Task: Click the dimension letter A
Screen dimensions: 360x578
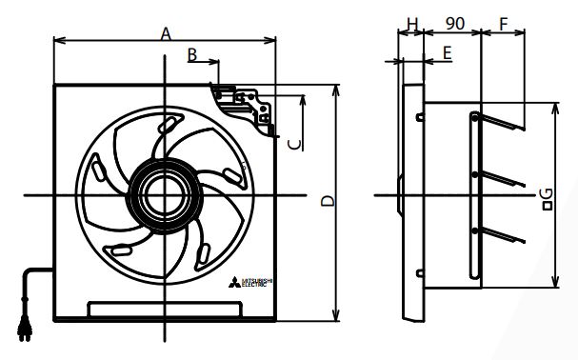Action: [165, 33]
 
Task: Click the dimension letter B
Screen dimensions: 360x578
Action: [192, 56]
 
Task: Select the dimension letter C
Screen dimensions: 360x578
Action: [295, 143]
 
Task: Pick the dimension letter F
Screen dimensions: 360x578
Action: [503, 21]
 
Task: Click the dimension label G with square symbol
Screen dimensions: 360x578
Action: [546, 197]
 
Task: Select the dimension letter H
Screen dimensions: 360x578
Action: [411, 22]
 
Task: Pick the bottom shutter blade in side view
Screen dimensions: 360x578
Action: [501, 236]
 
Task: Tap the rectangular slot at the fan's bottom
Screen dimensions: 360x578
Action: [164, 309]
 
